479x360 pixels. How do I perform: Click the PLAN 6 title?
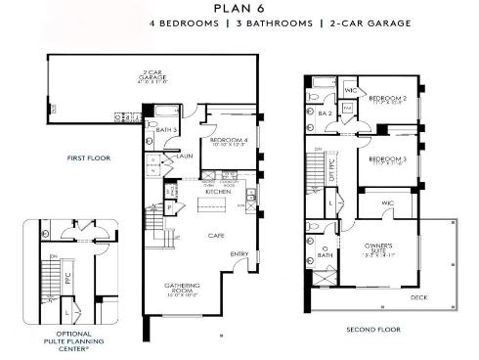239,9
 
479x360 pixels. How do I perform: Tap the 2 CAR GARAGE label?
152,74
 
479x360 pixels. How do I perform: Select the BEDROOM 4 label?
227,142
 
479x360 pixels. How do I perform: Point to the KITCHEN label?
218,193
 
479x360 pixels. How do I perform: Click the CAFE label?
216,235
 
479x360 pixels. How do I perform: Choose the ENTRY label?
239,255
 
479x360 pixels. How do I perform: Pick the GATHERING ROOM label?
182,289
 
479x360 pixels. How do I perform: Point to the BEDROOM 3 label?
388,159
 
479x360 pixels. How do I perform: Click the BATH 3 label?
167,129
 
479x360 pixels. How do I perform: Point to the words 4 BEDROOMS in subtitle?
183,22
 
